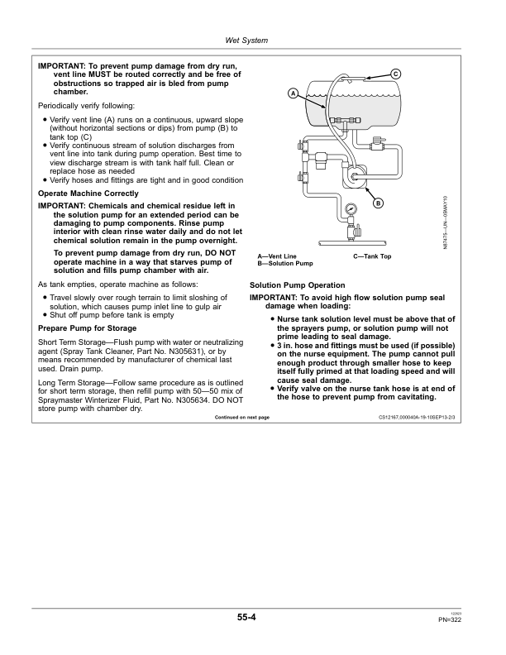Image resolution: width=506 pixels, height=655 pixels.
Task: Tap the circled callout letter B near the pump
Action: [x=379, y=203]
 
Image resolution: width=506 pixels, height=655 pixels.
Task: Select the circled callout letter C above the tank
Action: [x=396, y=74]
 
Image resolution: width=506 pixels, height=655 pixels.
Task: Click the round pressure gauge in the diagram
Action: [x=351, y=210]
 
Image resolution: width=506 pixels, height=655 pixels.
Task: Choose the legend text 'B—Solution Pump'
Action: [x=285, y=263]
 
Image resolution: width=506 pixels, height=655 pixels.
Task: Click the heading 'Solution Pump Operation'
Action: [x=297, y=285]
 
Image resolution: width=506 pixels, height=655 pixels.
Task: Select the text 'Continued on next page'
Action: [x=241, y=418]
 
